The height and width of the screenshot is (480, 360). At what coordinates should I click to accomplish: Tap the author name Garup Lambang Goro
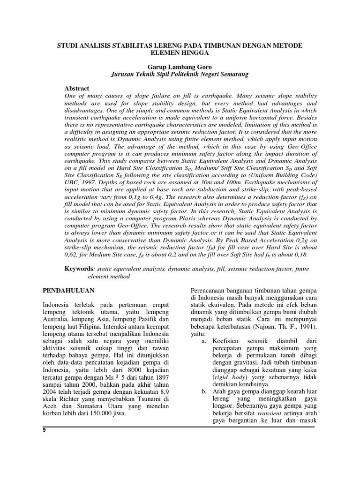click(180, 67)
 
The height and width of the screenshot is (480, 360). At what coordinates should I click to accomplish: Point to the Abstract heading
click(76, 88)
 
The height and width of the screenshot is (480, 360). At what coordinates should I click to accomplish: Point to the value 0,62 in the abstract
click(71, 254)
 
